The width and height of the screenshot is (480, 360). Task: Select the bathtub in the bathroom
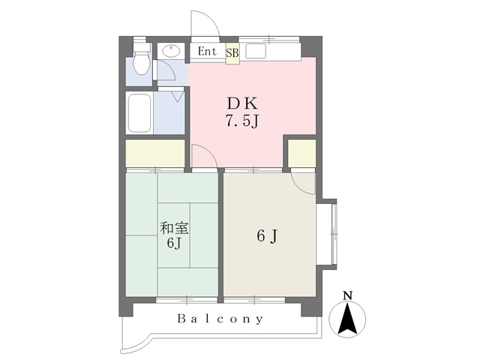[x=139, y=113]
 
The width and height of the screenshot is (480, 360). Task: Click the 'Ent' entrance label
[x=208, y=52]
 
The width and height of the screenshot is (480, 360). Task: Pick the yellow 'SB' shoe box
[x=232, y=54]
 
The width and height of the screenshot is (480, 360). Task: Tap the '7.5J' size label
[x=242, y=121]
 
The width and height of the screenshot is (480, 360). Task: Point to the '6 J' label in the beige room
[x=268, y=236]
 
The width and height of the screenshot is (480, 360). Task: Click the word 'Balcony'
[x=220, y=319]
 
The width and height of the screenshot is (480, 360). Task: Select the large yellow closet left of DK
[x=154, y=153]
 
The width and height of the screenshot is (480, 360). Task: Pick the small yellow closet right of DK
[x=301, y=153]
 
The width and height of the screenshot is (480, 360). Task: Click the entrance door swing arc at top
[x=202, y=22]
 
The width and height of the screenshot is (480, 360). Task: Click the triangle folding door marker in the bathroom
[x=178, y=94]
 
